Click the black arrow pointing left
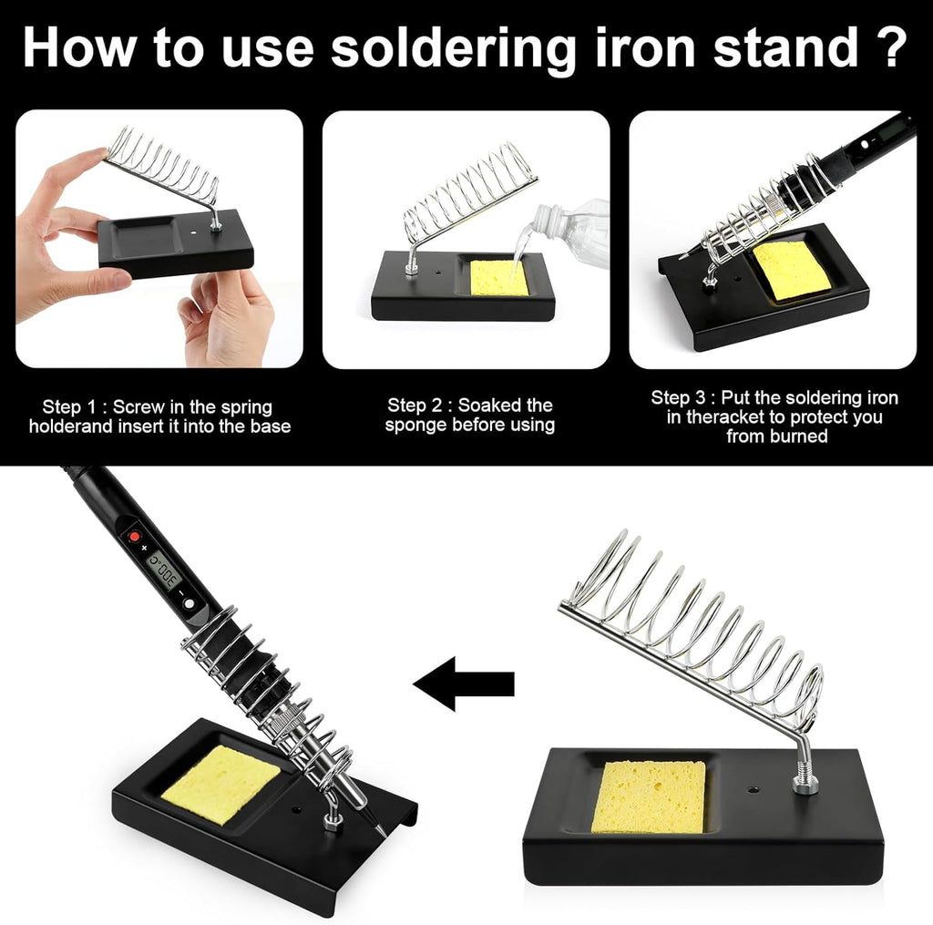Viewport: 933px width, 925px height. [x=464, y=683]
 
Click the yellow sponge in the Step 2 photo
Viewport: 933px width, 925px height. [x=499, y=277]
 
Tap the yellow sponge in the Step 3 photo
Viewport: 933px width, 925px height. [x=791, y=270]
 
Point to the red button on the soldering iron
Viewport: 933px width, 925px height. [x=134, y=538]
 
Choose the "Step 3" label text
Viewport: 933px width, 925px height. [x=682, y=398]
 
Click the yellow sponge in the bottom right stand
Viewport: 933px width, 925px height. [x=648, y=796]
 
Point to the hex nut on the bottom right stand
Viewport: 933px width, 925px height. [x=805, y=782]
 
